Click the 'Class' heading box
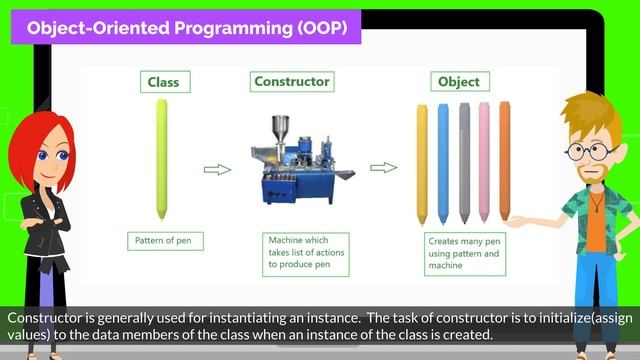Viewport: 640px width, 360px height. pyautogui.click(x=162, y=82)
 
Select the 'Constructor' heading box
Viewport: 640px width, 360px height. pyautogui.click(x=292, y=82)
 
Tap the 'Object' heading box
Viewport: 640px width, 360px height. pyautogui.click(x=459, y=82)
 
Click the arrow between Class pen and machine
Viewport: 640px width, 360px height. pyautogui.click(x=217, y=170)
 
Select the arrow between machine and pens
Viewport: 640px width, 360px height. pyautogui.click(x=384, y=169)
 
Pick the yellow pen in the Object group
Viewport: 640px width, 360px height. pyautogui.click(x=422, y=163)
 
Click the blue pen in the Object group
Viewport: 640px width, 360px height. pyautogui.click(x=443, y=163)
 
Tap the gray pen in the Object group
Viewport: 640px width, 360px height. pyautogui.click(x=464, y=163)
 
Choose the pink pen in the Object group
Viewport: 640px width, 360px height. pyautogui.click(x=484, y=163)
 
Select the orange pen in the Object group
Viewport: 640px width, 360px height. pyautogui.click(x=505, y=163)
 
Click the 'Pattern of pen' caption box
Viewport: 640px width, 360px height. pyautogui.click(x=161, y=240)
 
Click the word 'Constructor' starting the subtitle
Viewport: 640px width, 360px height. pyautogui.click(x=39, y=317)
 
